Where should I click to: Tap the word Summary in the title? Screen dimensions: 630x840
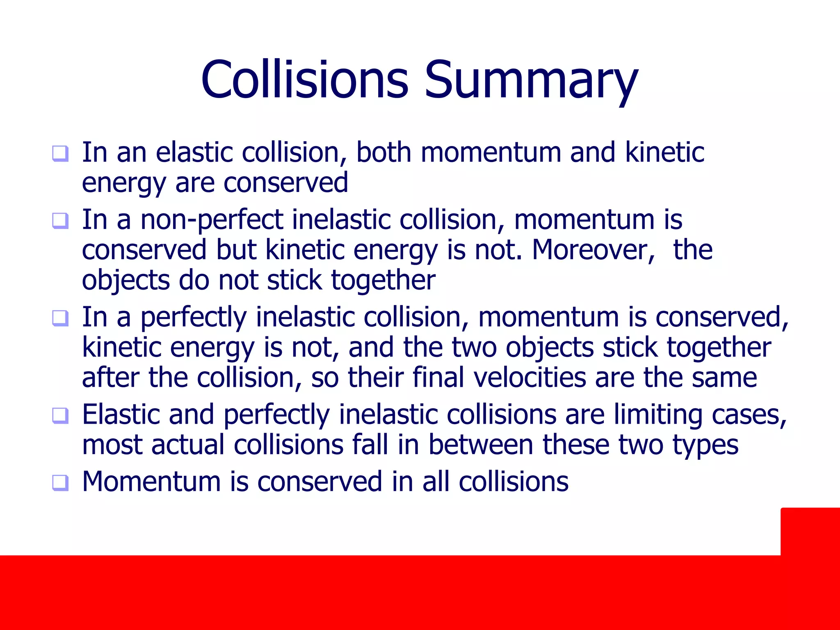click(531, 81)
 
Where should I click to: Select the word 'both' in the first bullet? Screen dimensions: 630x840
click(383, 152)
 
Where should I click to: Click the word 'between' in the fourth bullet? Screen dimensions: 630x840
click(481, 445)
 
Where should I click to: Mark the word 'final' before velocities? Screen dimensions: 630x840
click(438, 377)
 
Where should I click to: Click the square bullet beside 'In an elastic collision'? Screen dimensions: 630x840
click(60, 154)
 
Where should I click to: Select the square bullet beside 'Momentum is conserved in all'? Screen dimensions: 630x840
click(60, 483)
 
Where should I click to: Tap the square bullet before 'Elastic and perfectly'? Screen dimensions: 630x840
click(60, 416)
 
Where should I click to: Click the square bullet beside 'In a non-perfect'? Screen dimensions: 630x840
click(60, 221)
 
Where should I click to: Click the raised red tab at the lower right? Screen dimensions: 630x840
click(810, 532)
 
